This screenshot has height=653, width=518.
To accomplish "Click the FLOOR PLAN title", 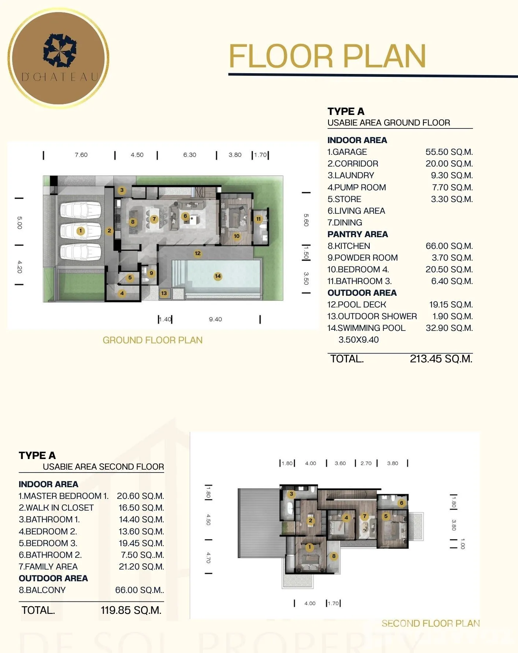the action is pos(328,56).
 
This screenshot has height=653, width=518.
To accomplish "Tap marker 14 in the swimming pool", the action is pos(218,276).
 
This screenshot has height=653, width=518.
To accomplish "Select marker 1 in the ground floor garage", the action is pos(81,231).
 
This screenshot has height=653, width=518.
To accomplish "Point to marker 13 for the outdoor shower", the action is pos(164,293).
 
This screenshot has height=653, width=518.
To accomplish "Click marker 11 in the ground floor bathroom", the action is pos(259,219).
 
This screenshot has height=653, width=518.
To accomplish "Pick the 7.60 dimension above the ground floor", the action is pos(81,155).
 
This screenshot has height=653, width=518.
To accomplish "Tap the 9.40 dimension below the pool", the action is pos(215,319).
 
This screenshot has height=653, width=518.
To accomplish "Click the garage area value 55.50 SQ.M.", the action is pos(449,152).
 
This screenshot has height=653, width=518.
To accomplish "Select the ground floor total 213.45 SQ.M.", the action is pos(441,359).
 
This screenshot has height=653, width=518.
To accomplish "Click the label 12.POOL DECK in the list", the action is pos(357,305).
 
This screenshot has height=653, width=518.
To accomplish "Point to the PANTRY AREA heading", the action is pos(358,234).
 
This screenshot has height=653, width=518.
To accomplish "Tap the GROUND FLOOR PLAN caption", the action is pos(152,340).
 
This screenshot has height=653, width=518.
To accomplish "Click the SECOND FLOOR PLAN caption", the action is pos(431,623).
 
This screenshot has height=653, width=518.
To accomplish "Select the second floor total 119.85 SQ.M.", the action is pos(131,610).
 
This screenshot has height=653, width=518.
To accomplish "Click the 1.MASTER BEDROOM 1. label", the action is pos(64,496).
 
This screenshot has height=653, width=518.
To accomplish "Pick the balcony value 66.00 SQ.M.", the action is pos(140,590).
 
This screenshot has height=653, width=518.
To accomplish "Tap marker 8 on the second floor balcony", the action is pos(334,556).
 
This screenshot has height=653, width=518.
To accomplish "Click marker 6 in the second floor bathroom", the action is pos(402,503).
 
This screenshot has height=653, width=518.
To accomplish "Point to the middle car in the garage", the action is pos(81,231).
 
